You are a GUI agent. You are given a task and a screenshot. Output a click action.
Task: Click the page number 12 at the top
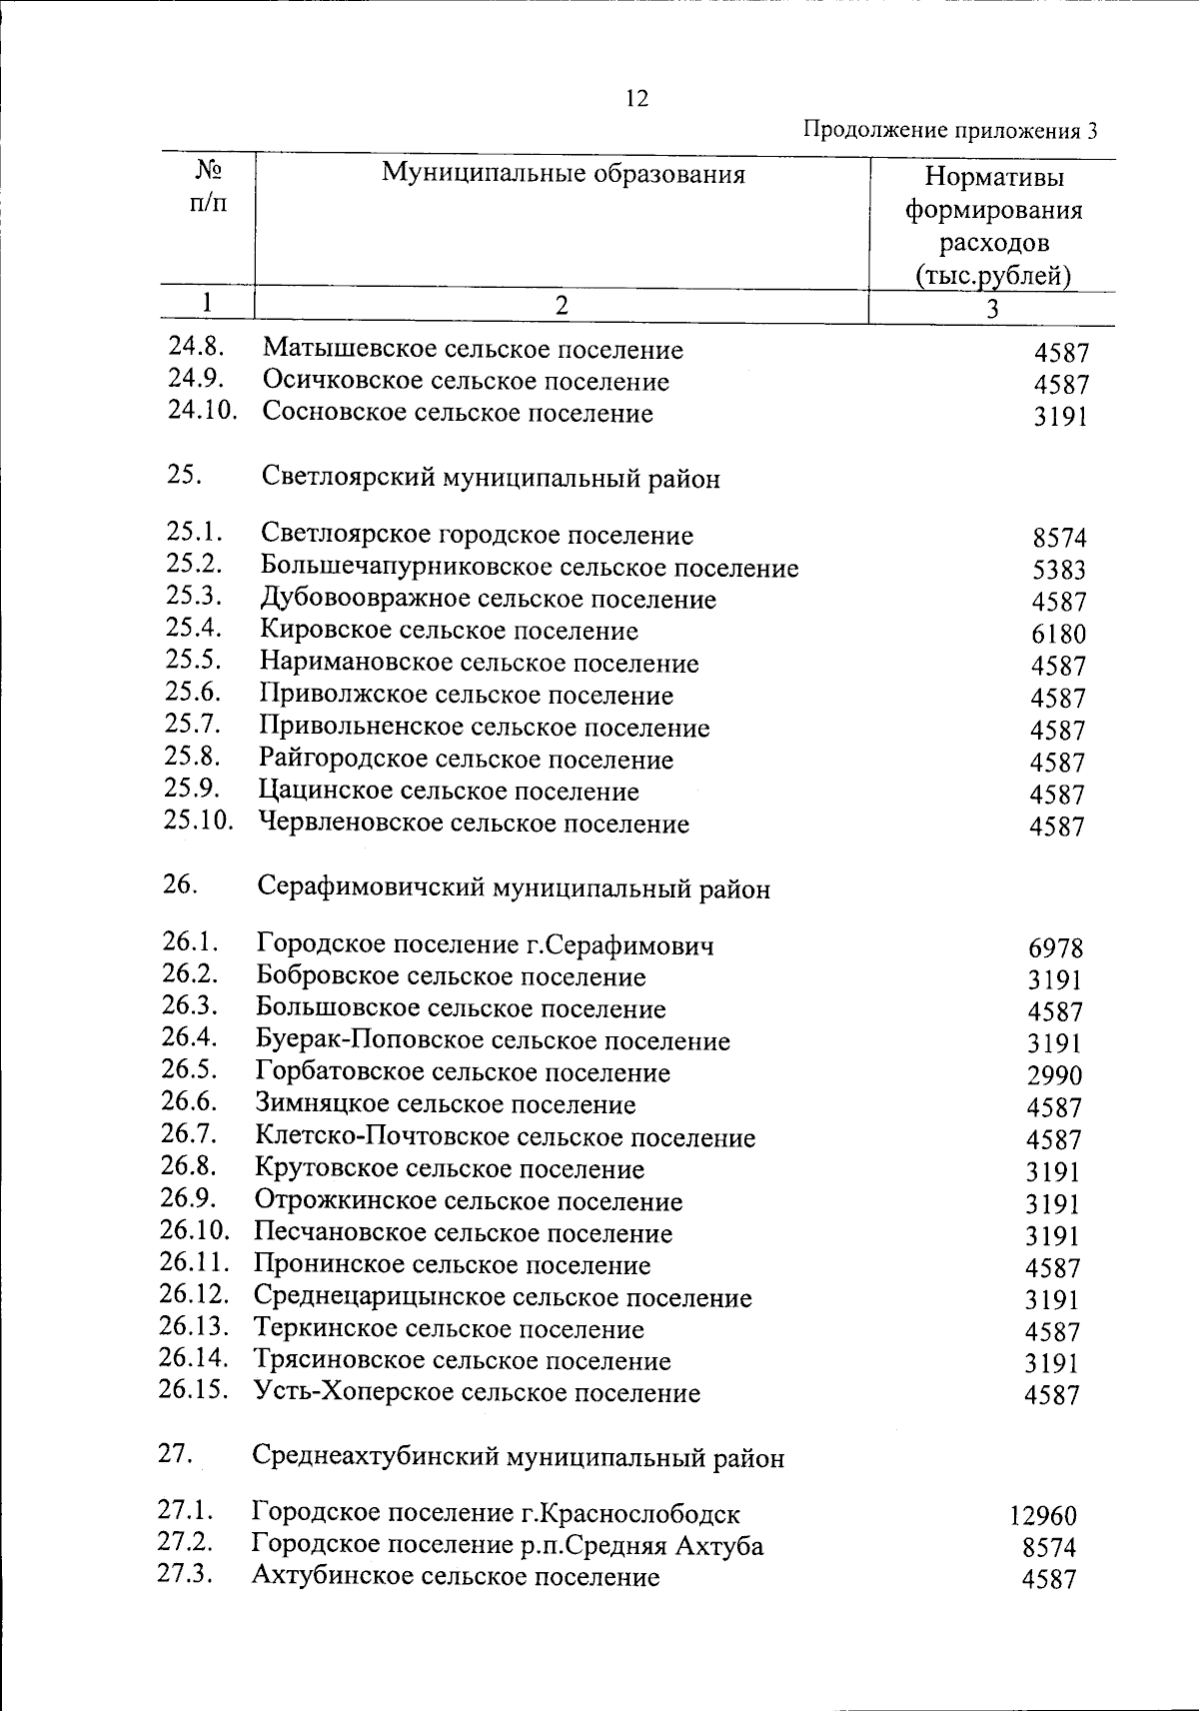[x=635, y=98]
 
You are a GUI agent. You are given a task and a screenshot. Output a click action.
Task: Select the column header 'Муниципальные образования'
[x=563, y=175]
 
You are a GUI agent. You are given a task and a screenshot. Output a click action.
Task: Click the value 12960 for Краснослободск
[x=1042, y=1516]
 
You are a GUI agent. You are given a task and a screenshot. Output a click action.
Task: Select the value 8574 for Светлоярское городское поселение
[x=1059, y=539]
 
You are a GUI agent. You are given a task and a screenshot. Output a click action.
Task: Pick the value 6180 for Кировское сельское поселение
[x=1058, y=635]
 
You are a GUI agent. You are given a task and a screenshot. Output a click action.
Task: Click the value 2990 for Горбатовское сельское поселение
[x=1055, y=1076]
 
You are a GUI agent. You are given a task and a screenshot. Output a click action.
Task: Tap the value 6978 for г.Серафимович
[x=1055, y=948]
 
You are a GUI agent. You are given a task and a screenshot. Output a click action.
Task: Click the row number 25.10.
[x=199, y=822]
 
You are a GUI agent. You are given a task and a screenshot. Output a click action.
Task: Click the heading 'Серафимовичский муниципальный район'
[x=513, y=888]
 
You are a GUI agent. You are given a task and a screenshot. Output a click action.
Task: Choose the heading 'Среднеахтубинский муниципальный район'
[x=518, y=1458]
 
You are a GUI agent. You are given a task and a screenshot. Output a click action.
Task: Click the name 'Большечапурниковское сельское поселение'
[x=529, y=568]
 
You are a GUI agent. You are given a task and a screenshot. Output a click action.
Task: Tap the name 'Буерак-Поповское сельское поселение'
[x=493, y=1041]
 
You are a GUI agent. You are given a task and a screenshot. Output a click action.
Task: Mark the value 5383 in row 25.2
[x=1058, y=571]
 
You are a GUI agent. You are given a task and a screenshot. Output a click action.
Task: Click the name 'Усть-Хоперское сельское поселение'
[x=477, y=1393]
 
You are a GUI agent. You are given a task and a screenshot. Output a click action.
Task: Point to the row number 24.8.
[x=197, y=347]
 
